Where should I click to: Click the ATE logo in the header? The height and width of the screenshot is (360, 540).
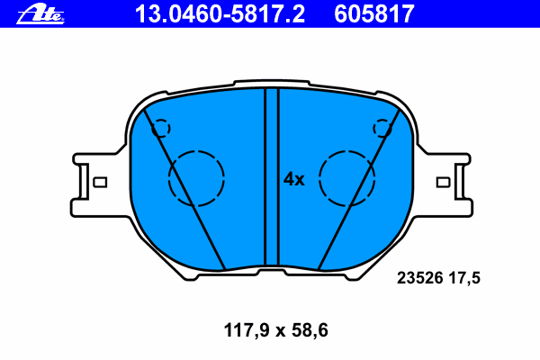tap(40, 14)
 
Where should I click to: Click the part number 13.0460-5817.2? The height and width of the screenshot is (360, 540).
tap(220, 14)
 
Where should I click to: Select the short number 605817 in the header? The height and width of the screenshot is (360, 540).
tap(374, 14)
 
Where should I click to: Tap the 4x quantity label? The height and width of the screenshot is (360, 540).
tap(293, 179)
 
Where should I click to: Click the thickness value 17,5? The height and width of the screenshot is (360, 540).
tap(464, 278)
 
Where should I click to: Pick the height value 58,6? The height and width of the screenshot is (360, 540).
tap(310, 330)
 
